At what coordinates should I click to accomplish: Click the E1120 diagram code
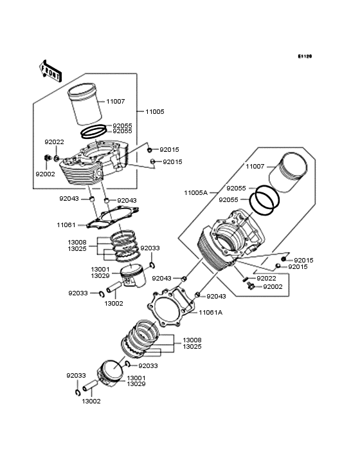pyautogui.click(x=304, y=57)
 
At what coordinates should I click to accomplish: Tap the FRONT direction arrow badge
pyautogui.click(x=51, y=70)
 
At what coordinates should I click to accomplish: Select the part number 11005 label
pyautogui.click(x=154, y=111)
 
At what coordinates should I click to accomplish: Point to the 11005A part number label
pyautogui.click(x=195, y=192)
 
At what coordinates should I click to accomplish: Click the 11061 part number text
pyautogui.click(x=67, y=225)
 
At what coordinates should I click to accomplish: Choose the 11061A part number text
pyautogui.click(x=210, y=312)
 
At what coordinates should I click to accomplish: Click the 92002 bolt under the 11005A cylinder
pyautogui.click(x=250, y=286)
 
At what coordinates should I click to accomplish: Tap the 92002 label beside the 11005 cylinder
pyautogui.click(x=45, y=174)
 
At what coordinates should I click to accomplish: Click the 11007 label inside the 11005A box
pyautogui.click(x=255, y=166)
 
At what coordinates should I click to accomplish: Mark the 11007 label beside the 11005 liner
pyautogui.click(x=116, y=102)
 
